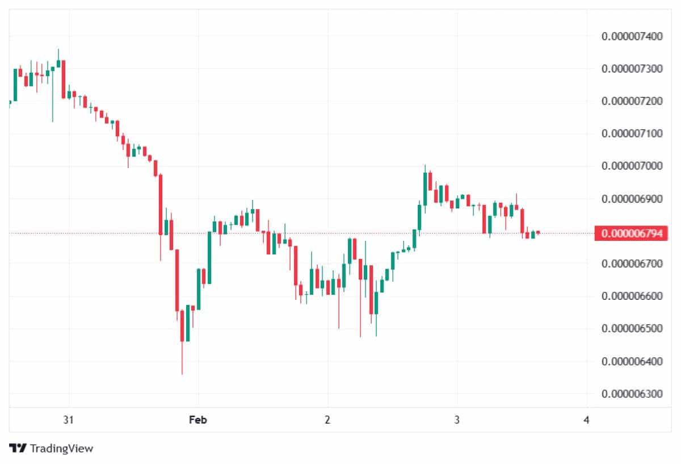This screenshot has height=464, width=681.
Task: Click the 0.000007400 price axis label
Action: click(632, 37)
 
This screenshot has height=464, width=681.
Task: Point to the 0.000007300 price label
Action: click(632, 69)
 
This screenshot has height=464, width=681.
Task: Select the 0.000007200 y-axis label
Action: click(632, 102)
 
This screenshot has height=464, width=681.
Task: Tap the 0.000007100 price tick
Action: click(632, 134)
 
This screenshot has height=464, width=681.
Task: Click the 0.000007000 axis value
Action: click(632, 166)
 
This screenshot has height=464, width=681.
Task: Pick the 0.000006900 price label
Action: click(632, 199)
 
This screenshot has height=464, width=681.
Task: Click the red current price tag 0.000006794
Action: click(632, 233)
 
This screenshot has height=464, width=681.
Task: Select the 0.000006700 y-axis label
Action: click(632, 264)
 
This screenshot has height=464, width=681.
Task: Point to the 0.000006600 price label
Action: click(632, 296)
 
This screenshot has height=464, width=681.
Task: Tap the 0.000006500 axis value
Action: click(632, 329)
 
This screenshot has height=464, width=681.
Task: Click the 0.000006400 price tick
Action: click(632, 362)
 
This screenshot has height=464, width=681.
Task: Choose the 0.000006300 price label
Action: click(632, 394)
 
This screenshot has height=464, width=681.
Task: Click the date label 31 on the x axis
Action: click(69, 420)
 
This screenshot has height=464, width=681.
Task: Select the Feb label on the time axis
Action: click(198, 420)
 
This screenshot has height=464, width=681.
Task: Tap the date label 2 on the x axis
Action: click(327, 420)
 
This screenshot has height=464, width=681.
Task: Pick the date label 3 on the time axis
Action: click(457, 420)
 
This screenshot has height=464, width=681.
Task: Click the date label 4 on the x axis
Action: click(586, 420)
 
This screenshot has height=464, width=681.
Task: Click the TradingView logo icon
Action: click(18, 448)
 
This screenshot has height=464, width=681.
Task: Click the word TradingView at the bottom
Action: click(61, 449)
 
